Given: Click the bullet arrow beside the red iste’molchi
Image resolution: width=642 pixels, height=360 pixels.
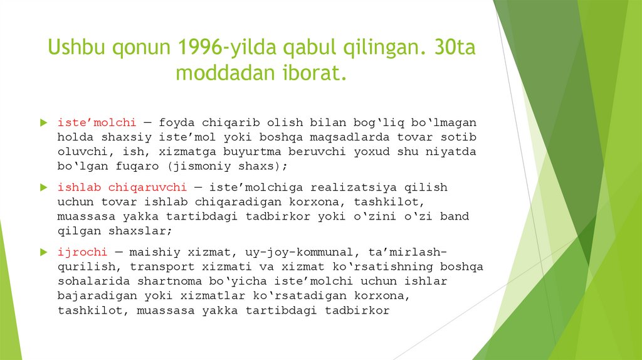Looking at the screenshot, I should (x=43, y=122).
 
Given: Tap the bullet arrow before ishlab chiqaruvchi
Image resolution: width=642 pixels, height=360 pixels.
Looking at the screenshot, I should (x=43, y=187).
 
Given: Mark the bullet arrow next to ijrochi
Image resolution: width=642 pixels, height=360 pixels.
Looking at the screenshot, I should (x=43, y=252).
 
